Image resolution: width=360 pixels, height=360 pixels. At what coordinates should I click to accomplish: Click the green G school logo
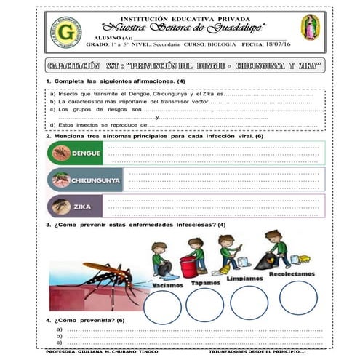pos(66,32)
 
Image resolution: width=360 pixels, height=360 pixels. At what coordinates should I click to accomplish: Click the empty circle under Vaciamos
pos(161,308)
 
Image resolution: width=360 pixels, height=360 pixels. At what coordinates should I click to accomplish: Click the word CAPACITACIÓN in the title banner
pos(73,66)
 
